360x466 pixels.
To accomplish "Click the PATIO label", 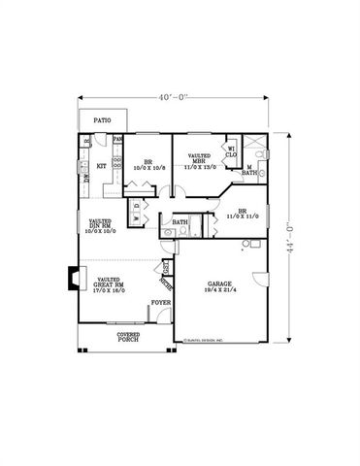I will pos(102,119).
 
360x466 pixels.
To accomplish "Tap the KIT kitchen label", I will pos(100,166).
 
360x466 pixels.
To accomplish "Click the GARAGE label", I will pos(217,283).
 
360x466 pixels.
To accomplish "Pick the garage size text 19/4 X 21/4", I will pos(217,290).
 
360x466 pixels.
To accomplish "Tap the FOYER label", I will pos(160,303).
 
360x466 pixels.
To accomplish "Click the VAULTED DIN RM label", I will pos(100,225).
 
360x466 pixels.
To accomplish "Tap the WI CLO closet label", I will pos(232,151).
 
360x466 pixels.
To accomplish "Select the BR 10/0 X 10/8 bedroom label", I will pos(149,164).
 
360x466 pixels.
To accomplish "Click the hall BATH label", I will pos(180,222).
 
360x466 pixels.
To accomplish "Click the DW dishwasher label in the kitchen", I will pos(86,177).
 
